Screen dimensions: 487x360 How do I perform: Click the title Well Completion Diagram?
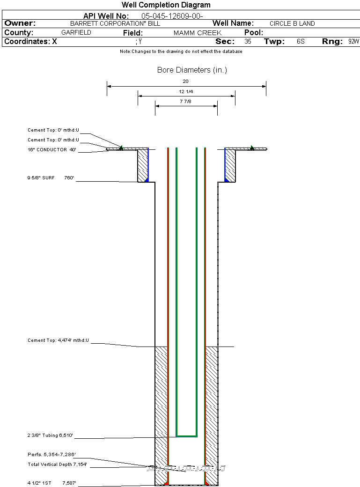pos(166,5)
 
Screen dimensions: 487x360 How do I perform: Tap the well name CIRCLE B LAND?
pos(292,23)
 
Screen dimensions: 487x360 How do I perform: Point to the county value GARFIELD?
pos(76,33)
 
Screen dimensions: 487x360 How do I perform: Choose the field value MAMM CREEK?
pos(198,33)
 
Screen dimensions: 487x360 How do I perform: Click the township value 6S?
pos(301,42)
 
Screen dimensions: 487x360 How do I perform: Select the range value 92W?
pos(353,42)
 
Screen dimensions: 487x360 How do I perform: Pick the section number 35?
pos(248,42)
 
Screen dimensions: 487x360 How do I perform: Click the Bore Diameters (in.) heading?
pos(192,70)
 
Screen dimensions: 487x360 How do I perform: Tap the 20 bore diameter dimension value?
pos(186,81)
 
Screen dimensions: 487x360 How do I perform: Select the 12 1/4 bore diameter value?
pos(186,91)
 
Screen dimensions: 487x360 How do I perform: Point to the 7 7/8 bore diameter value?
pos(186,101)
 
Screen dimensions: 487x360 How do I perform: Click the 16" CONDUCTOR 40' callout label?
pos(51,150)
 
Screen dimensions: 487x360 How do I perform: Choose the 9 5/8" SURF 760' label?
pos(51,178)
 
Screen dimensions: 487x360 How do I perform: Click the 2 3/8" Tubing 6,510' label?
pos(50,435)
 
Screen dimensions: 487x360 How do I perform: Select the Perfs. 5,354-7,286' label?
pos(51,455)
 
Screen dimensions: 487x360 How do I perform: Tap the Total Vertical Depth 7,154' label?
pos(57,465)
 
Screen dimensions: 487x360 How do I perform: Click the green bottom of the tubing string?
pos(186,436)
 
